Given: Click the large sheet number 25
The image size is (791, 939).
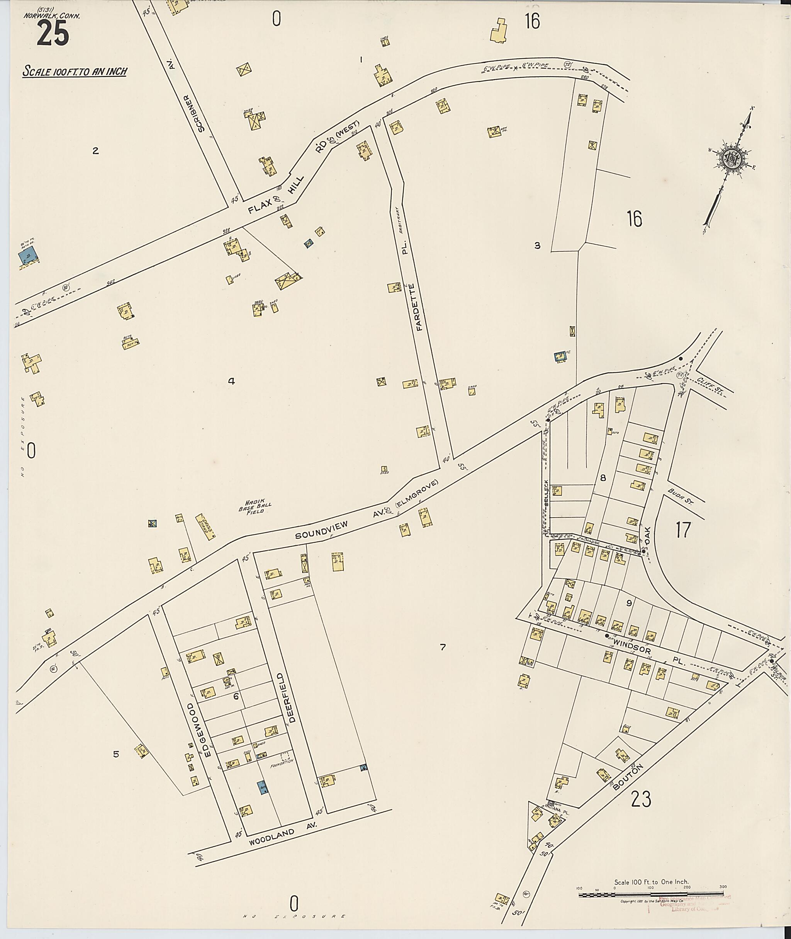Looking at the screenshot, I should pos(53,34).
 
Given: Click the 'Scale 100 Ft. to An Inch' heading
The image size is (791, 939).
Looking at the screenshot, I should pos(75,72).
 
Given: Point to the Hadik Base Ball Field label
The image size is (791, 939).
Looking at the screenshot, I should pos(255,508).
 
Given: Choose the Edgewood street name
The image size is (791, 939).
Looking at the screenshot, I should pos(201,729).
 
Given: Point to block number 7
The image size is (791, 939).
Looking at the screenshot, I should pos(443,647).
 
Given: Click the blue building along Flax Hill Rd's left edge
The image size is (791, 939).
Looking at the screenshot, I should pos(28,257).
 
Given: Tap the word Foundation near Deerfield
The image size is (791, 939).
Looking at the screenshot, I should pos(282,761).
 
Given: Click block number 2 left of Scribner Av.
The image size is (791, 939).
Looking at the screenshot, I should pos(95,151).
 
